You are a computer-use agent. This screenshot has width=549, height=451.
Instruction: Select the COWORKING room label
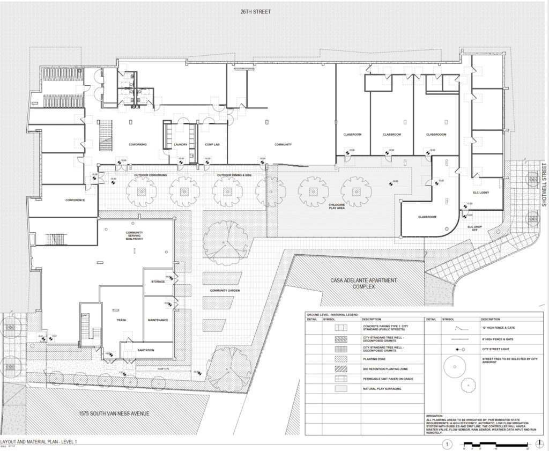(x=138, y=145)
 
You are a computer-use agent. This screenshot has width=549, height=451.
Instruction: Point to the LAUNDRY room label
(x=181, y=145)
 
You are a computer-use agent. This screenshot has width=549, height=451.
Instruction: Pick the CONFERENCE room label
(x=75, y=201)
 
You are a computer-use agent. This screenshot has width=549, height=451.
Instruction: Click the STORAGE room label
(x=158, y=281)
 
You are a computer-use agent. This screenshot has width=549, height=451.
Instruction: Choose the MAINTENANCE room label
(x=158, y=320)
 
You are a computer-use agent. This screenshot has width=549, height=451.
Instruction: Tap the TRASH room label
(x=121, y=320)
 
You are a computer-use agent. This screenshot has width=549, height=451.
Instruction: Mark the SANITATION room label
(x=145, y=350)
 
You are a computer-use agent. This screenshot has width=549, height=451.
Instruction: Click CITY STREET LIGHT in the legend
(x=496, y=349)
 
